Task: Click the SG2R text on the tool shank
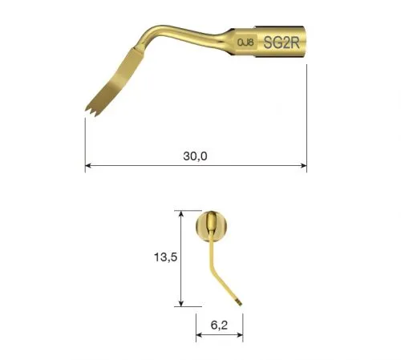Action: pos(282,42)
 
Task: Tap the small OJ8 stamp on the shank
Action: pos(245,42)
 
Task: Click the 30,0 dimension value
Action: pos(195,156)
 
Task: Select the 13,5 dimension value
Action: pos(165,257)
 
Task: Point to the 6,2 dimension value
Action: pos(219,325)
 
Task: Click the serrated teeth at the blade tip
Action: pos(91,111)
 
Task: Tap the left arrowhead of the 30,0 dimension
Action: pos(88,166)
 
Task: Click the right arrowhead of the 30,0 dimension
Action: pos(303,166)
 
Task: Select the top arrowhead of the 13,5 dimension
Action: pos(181,214)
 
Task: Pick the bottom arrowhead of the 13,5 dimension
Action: pos(181,303)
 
